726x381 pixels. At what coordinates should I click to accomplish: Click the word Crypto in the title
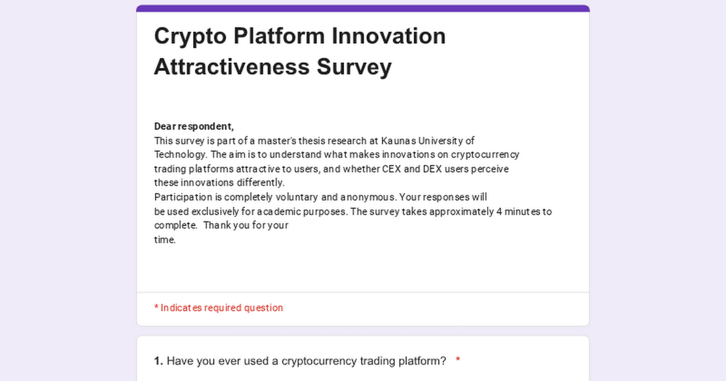click(190, 37)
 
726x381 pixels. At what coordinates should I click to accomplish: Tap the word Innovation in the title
click(388, 36)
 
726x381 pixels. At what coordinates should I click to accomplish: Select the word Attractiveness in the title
click(232, 67)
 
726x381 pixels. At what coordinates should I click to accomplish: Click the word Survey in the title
click(355, 68)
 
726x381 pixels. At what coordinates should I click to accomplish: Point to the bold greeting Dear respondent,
click(194, 126)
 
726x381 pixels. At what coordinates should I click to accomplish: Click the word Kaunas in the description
click(398, 141)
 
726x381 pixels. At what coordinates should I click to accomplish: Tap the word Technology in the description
click(180, 155)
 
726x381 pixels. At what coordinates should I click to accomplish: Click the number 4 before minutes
click(499, 212)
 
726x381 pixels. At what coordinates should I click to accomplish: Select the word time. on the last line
click(165, 239)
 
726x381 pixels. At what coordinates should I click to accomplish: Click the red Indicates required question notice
click(218, 308)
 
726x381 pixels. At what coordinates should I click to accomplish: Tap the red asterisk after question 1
click(457, 359)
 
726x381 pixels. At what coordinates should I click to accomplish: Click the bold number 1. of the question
click(159, 361)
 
